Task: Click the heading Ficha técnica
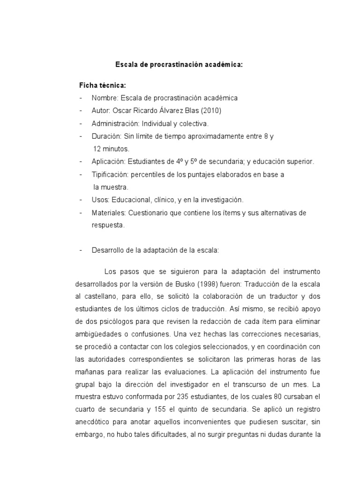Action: click(103, 86)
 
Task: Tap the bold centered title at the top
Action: click(180, 65)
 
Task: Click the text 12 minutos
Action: click(112, 149)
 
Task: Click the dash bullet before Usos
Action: click(81, 200)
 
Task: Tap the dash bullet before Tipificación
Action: click(81, 174)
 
